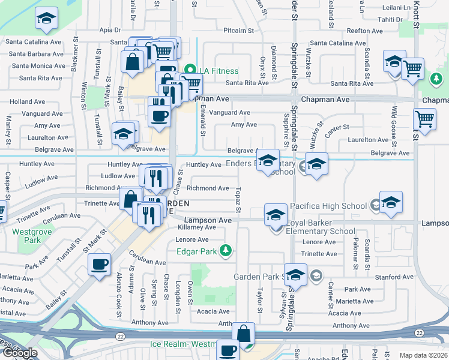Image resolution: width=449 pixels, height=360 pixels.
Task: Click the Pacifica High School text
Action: pyautogui.click(x=328, y=206)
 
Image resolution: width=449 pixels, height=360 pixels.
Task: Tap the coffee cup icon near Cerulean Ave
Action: pyautogui.click(x=99, y=263)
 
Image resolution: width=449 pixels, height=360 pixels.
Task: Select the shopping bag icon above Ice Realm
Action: pyautogui.click(x=243, y=334)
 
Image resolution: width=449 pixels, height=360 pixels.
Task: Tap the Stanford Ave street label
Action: pyautogui.click(x=393, y=277)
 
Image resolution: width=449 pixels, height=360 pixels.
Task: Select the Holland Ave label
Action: pyautogui.click(x=27, y=102)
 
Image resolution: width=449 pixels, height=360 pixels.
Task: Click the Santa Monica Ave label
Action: pyautogui.click(x=37, y=65)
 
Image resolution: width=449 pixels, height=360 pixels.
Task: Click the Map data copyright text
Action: pyautogui.click(x=423, y=355)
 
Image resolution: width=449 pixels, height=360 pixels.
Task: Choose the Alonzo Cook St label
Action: pyautogui.click(x=119, y=295)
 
